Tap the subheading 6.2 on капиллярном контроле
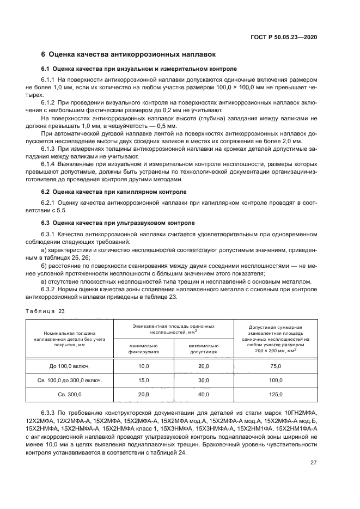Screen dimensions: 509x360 coord(114,192)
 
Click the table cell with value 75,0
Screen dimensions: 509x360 coord(277,366)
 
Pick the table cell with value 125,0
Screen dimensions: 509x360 coord(277,394)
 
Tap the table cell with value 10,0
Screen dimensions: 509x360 coord(143,366)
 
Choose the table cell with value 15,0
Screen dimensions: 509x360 coord(143,380)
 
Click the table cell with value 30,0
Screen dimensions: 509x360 coord(203,380)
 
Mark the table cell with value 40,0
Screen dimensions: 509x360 coord(203,394)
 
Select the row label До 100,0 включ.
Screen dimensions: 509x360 coord(70,366)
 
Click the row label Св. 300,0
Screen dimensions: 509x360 coord(70,394)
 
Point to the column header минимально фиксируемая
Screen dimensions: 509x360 coord(143,348)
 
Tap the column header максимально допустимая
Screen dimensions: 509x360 coord(203,348)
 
